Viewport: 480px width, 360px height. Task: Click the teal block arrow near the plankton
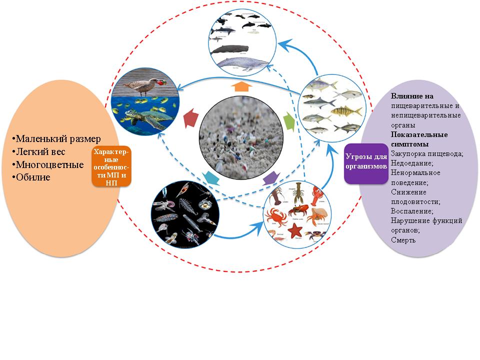[210, 176]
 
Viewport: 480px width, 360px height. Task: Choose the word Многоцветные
[49, 164]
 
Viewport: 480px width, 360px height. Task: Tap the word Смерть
[404, 240]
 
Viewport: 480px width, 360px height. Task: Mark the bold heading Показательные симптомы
[419, 139]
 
